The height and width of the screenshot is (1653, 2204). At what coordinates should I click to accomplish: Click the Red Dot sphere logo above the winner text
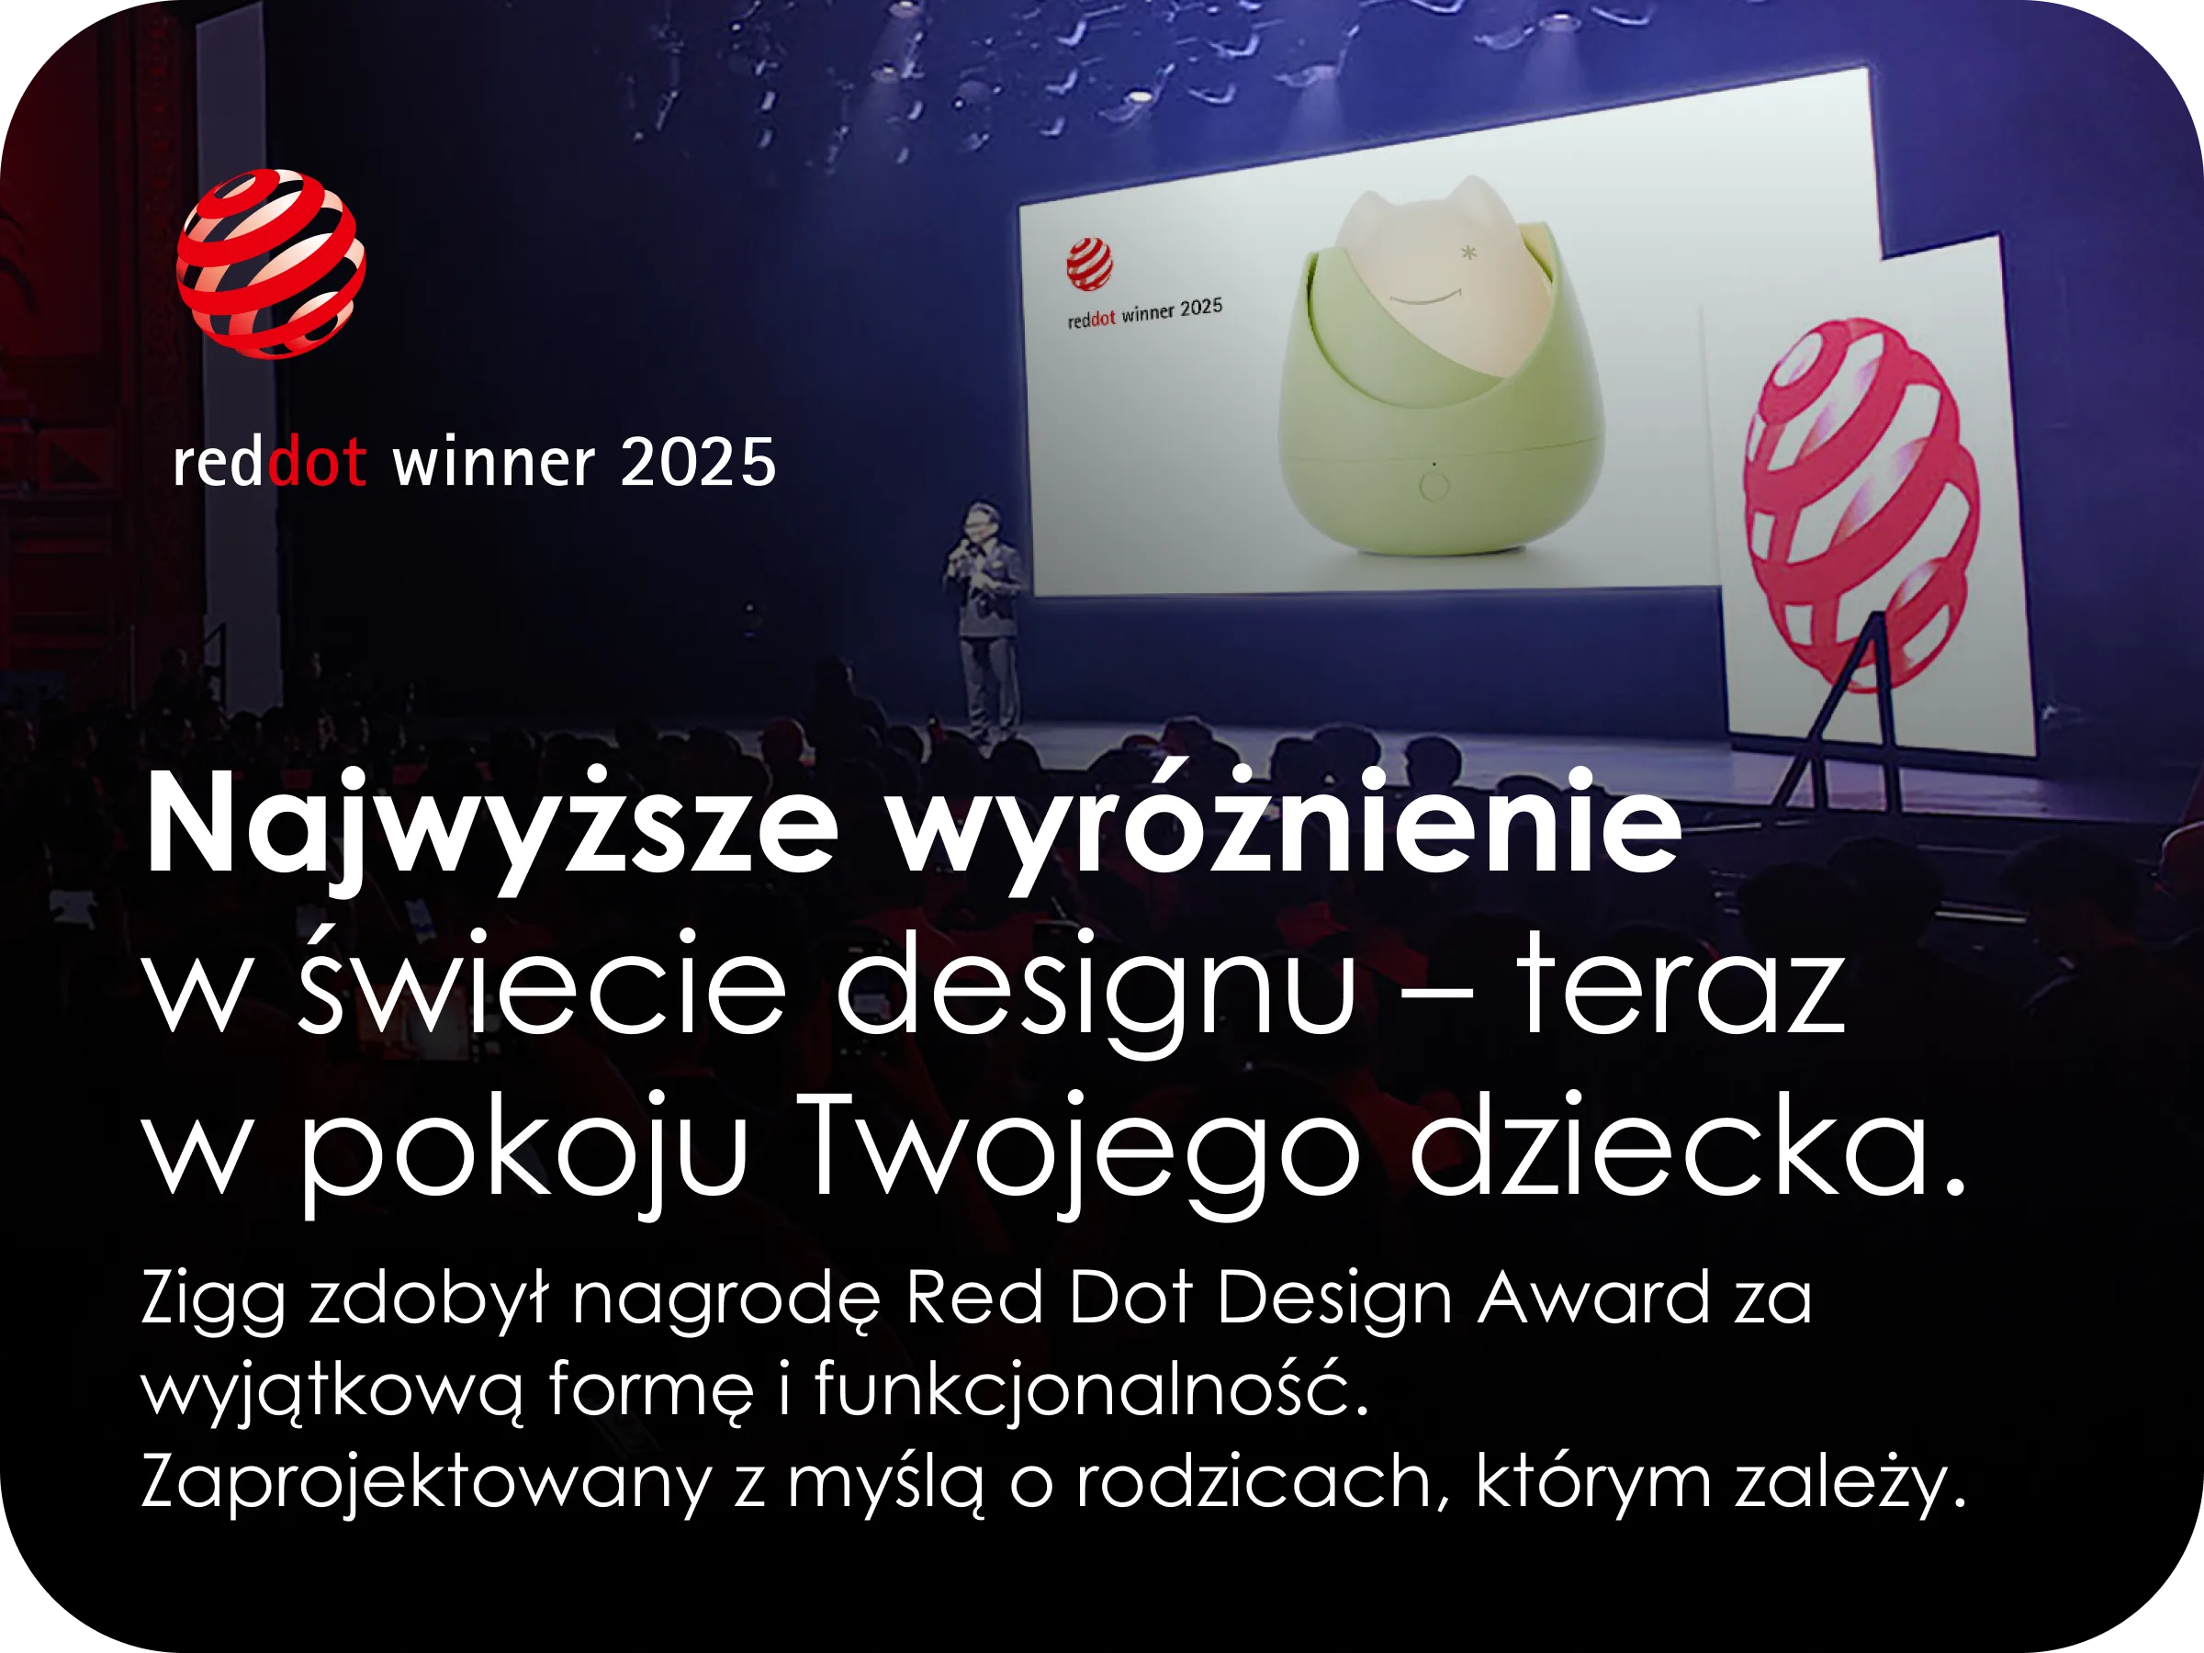(271, 264)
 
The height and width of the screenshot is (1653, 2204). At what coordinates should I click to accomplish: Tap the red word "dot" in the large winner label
(318, 462)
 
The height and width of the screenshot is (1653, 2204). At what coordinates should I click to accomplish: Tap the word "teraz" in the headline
(1681, 984)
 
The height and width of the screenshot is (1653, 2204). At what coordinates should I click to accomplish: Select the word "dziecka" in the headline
(1669, 1141)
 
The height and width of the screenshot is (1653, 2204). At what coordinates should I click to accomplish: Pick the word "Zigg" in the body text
(213, 1300)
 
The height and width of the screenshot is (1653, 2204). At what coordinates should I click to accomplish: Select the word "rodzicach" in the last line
(1254, 1479)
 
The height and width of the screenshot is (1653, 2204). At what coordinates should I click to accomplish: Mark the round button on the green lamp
(1434, 486)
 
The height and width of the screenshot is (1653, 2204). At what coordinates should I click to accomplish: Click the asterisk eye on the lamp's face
(1468, 253)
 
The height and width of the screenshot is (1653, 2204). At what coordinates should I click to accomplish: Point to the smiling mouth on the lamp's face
(1426, 296)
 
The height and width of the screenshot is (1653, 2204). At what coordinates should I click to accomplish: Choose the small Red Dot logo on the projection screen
(1089, 265)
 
